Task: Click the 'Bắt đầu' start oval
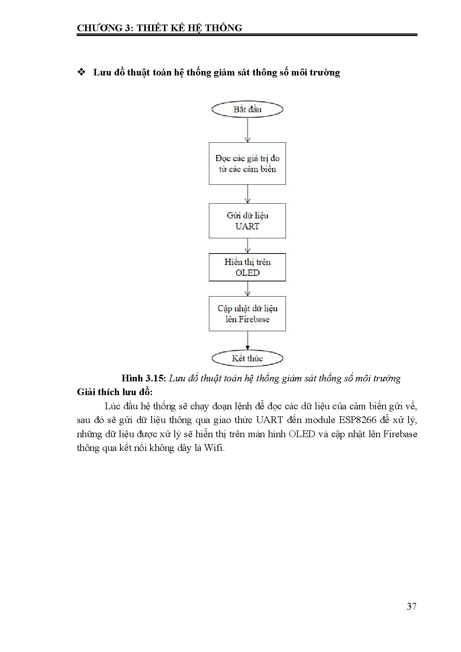[247, 109]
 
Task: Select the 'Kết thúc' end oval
[247, 358]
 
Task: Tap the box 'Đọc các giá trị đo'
[247, 164]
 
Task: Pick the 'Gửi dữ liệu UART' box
[247, 221]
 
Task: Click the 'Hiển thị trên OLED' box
[247, 267]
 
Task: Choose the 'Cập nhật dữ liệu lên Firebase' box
[247, 314]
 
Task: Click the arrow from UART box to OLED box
[248, 246]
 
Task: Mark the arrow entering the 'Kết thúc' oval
[248, 340]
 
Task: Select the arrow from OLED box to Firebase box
[248, 289]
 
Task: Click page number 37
[412, 606]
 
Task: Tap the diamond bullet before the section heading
[81, 72]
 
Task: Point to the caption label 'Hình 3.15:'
[143, 378]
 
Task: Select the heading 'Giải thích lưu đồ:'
[115, 392]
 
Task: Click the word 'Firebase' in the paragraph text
[400, 434]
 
